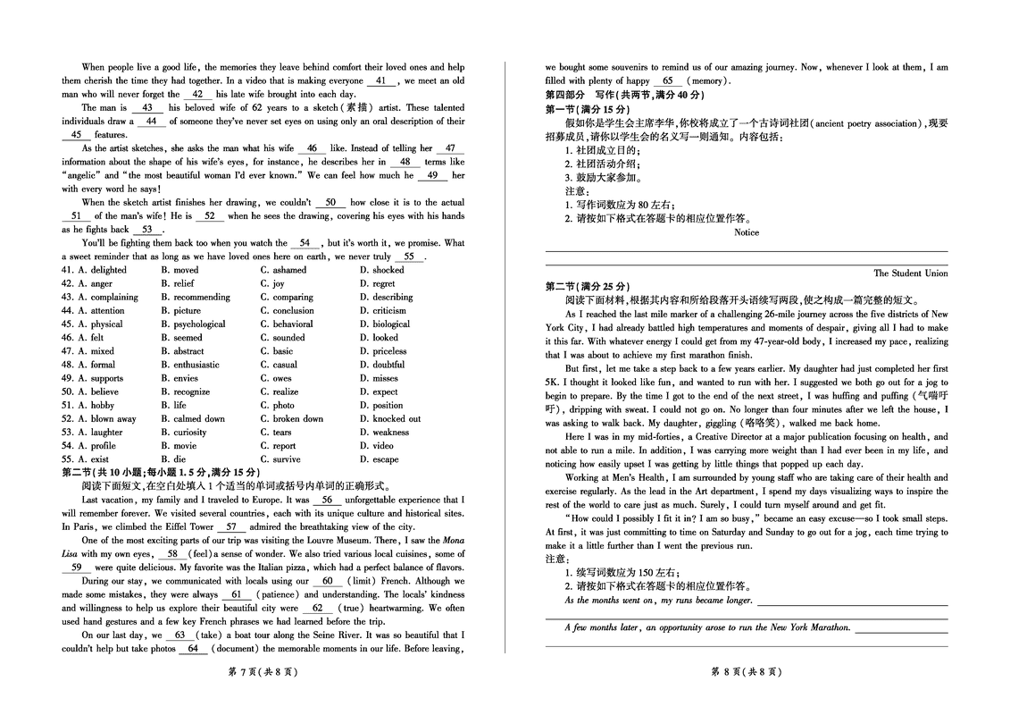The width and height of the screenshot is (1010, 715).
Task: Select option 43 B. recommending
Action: pyautogui.click(x=196, y=297)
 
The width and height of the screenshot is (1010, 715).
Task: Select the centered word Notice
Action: pyautogui.click(x=746, y=232)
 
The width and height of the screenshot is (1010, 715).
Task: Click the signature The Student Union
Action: pyautogui.click(x=910, y=273)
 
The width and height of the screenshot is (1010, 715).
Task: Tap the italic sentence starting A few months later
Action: pyautogui.click(x=707, y=627)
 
